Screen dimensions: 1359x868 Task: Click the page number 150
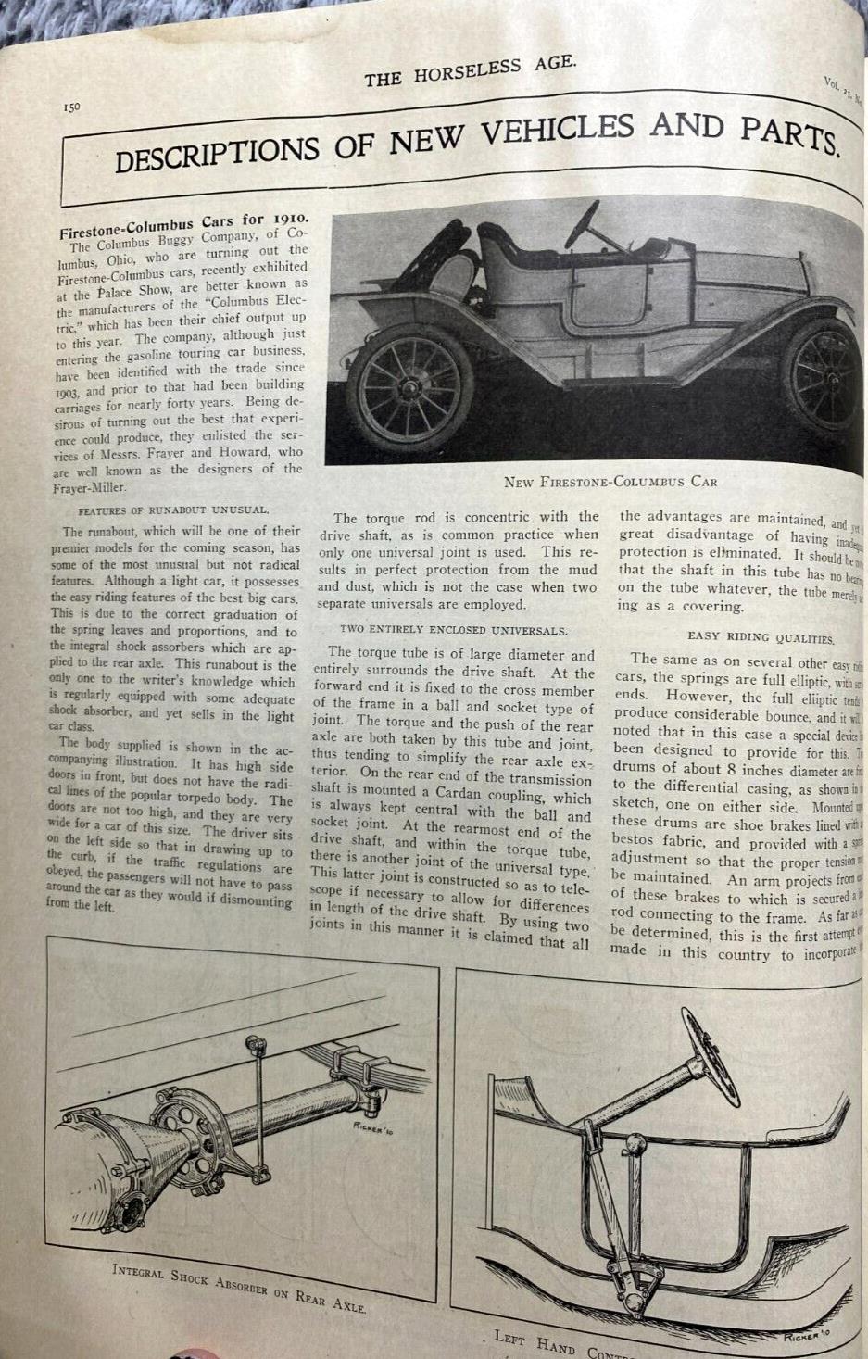click(72, 107)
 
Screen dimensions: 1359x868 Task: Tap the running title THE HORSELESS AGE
click(470, 70)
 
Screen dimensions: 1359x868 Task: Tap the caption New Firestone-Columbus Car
click(610, 482)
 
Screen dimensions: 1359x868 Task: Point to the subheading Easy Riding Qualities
click(760, 637)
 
